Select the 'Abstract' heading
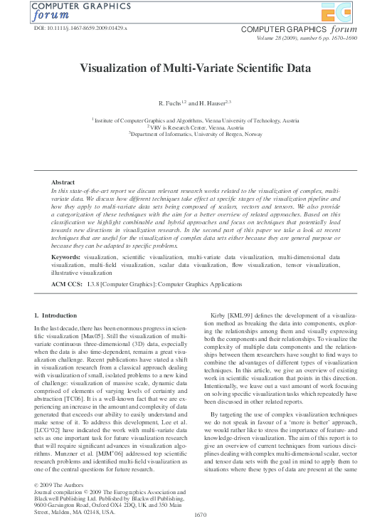click(63, 183)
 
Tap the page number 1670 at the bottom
click(200, 515)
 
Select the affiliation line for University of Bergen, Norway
click(195, 133)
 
